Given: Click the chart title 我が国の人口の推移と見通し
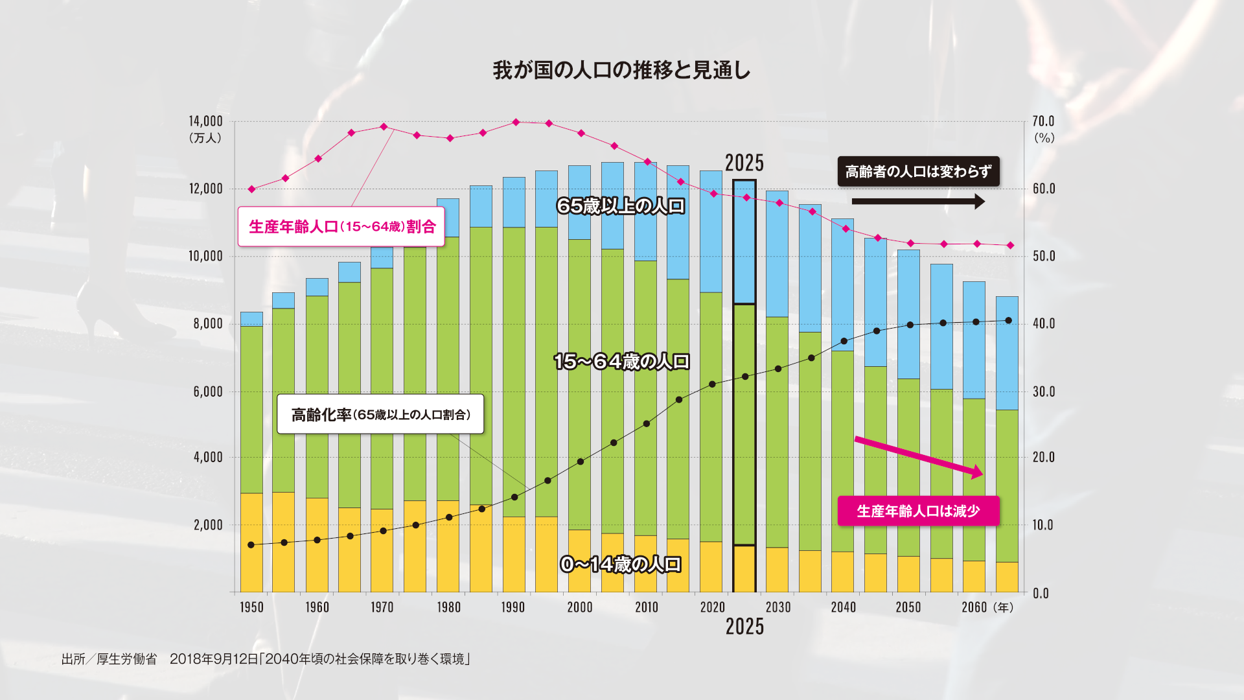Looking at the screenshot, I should [621, 70].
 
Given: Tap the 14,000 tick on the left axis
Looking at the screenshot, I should [205, 121].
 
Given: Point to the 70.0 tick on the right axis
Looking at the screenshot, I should [1043, 121].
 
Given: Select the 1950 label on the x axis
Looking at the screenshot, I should [251, 607].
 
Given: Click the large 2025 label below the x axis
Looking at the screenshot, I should [744, 627].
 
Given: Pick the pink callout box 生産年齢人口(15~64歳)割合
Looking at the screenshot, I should [341, 227].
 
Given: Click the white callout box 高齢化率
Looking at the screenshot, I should [380, 414].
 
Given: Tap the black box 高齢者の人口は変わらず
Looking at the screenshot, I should [918, 172].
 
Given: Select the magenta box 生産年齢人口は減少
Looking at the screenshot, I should [918, 511].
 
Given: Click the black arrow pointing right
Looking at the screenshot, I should [918, 202].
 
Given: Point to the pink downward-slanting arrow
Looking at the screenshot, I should [918, 456].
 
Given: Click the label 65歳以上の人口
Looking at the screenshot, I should [621, 206].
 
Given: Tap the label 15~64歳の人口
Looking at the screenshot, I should [621, 362].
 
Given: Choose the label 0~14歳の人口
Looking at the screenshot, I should [621, 565].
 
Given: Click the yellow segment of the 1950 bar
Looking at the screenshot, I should [251, 542].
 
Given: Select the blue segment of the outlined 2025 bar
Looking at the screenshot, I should [744, 242].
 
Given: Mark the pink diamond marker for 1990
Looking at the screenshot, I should [516, 122].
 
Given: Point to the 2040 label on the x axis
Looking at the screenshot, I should [843, 607].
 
